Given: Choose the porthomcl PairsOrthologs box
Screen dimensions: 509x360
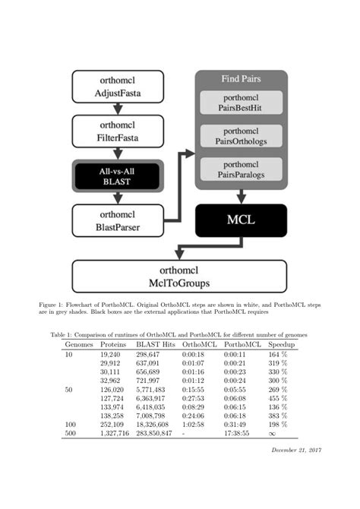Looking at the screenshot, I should pyautogui.click(x=241, y=137).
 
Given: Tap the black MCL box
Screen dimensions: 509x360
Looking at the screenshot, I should pyautogui.click(x=242, y=220).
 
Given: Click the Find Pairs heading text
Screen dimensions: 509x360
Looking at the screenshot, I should pyautogui.click(x=241, y=78).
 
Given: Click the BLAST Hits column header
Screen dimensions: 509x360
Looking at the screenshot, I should pyautogui.click(x=156, y=345).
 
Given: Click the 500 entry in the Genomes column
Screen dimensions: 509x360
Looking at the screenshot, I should pyautogui.click(x=70, y=433).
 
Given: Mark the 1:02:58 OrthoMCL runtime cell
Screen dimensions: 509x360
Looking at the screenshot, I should pyautogui.click(x=194, y=424).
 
